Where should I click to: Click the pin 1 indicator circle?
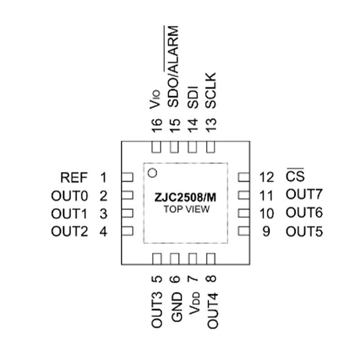tap(153, 173)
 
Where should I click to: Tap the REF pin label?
tap(74, 177)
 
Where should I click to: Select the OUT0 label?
tap(69, 196)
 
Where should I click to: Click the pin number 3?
tap(103, 214)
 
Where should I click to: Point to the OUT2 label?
tap(69, 231)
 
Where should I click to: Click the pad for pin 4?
tap(127, 231)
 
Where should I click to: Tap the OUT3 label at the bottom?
tap(157, 310)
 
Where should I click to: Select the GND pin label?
tap(176, 307)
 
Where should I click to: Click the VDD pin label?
tap(194, 303)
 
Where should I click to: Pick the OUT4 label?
tap(212, 310)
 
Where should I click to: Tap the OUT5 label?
tap(304, 231)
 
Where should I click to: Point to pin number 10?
tap(266, 213)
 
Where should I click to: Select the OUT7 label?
tap(304, 194)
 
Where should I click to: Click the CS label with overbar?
tap(295, 175)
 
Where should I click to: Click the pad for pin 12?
tap(244, 177)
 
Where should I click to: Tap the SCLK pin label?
tap(211, 90)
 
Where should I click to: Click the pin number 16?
tap(157, 126)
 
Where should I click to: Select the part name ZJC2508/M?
tap(185, 198)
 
